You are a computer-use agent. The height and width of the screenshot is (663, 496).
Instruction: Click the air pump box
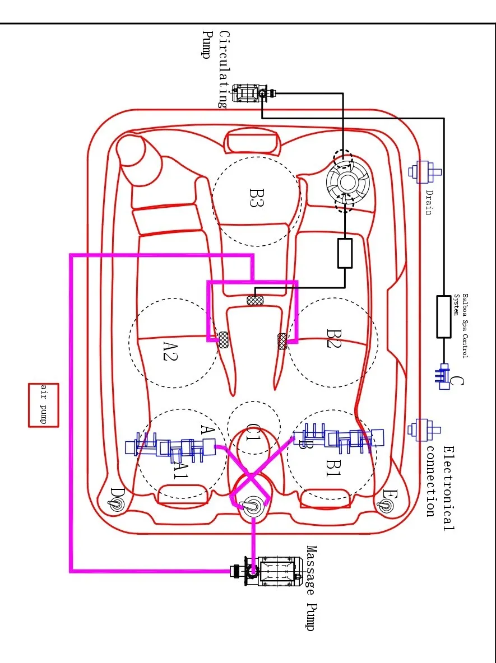[43, 405]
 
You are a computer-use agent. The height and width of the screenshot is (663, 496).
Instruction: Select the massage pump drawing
[267, 571]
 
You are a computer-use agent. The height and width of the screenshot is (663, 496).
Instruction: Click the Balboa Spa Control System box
[443, 316]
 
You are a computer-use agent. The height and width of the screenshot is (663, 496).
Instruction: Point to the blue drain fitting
[424, 172]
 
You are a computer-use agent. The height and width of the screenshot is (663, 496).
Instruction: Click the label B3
[257, 198]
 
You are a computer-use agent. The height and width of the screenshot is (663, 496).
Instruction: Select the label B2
[334, 338]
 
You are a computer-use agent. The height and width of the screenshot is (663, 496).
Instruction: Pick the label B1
[333, 467]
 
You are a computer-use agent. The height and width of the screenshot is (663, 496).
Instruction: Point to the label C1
[253, 432]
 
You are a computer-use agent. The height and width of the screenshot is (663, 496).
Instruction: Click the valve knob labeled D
[115, 504]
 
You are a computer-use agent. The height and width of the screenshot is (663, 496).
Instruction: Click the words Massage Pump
[312, 588]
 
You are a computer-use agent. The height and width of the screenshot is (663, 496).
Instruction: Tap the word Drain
[429, 202]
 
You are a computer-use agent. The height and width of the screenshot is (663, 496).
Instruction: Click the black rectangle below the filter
[345, 253]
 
